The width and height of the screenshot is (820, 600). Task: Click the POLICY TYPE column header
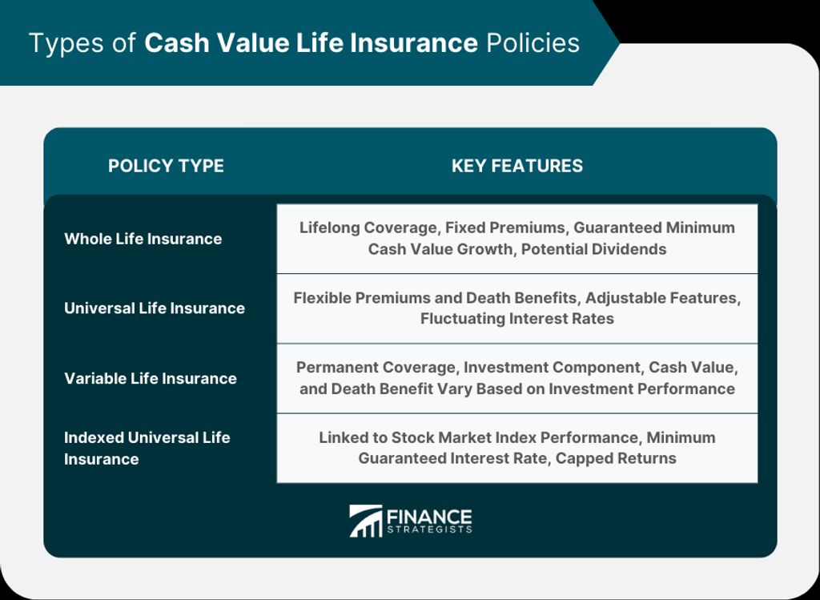[x=166, y=166]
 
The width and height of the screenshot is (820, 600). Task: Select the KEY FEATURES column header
[x=517, y=166]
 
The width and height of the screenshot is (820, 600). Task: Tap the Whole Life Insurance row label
[x=143, y=239]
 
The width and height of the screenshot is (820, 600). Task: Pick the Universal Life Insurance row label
[x=155, y=308]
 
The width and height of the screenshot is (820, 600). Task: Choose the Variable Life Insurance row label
[x=150, y=378]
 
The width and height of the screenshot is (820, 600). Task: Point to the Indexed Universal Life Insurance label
[x=147, y=448]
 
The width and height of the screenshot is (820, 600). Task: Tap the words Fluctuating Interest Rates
[x=517, y=319]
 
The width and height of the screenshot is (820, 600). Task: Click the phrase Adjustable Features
[x=661, y=298]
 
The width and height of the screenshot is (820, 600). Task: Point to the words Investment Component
[x=552, y=367]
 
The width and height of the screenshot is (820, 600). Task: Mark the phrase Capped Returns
[x=616, y=458]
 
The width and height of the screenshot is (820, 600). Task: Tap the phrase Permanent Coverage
[x=376, y=367]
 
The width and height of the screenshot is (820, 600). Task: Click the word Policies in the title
[x=533, y=42]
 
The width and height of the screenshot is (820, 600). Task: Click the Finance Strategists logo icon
[x=365, y=521]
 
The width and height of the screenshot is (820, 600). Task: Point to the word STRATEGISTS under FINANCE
[x=429, y=530]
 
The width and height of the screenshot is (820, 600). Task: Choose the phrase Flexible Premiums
[x=362, y=298]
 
